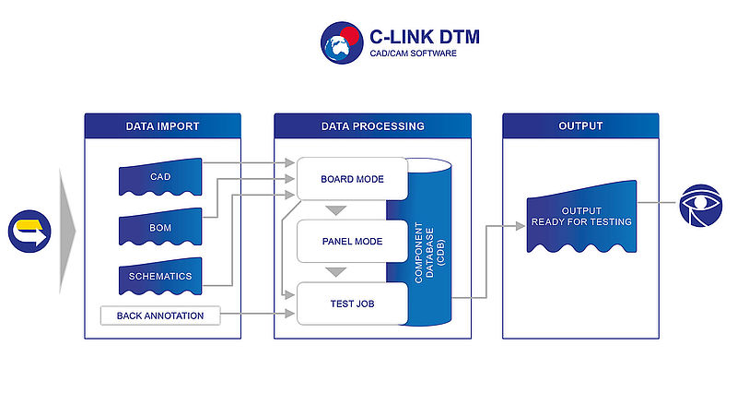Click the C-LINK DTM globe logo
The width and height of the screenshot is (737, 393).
tap(342, 42)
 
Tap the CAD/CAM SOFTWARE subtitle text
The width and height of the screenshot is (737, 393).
tap(413, 54)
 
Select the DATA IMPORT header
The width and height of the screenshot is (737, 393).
tap(163, 126)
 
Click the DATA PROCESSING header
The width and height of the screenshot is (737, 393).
tap(373, 126)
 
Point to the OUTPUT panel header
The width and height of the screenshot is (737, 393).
tap(580, 126)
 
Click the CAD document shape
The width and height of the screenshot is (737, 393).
tap(160, 177)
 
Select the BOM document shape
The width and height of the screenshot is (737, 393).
tap(160, 227)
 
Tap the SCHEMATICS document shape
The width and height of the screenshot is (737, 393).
tap(160, 276)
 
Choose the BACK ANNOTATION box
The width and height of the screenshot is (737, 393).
tap(160, 316)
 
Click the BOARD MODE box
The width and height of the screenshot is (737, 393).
tap(352, 179)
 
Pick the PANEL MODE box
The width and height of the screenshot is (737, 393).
tap(352, 241)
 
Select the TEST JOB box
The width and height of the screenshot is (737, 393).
tap(352, 304)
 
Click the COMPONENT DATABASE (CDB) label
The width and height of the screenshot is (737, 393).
tap(429, 252)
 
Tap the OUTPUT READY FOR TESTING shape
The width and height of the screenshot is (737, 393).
tap(581, 217)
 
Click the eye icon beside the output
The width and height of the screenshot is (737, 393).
tap(700, 206)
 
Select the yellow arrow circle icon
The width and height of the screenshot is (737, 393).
tap(29, 231)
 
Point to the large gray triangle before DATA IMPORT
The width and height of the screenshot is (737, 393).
tap(66, 231)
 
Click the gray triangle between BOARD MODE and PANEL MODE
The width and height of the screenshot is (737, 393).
tap(336, 210)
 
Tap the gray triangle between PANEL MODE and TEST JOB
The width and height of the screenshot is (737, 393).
tap(336, 272)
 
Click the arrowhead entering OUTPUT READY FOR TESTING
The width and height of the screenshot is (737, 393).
tap(521, 226)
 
